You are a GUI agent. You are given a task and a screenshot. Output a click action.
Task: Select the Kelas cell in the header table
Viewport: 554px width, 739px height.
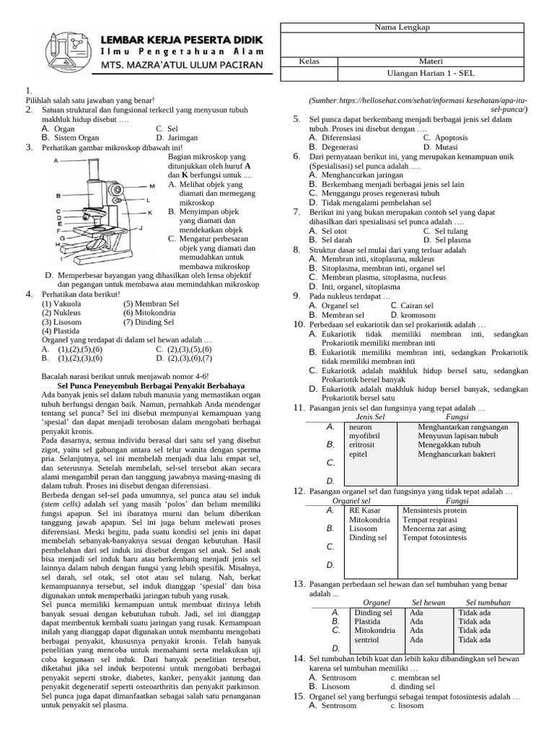pos(309,61)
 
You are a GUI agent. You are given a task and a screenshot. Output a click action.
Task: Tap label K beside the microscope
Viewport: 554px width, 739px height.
pos(150,213)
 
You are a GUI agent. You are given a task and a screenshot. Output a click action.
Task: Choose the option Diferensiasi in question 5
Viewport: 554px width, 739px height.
pos(342,137)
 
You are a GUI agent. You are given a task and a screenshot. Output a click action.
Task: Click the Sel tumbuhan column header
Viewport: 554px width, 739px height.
pos(488,602)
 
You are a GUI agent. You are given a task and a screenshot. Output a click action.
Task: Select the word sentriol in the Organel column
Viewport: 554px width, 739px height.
pos(368,639)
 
